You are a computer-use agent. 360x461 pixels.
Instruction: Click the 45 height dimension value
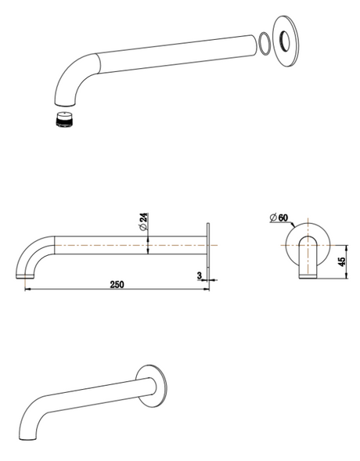(x=341, y=261)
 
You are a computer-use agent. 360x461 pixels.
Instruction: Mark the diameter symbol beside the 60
(x=271, y=217)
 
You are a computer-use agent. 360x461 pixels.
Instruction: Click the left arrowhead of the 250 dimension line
(x=28, y=290)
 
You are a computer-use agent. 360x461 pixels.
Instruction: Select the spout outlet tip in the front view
(x=308, y=275)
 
